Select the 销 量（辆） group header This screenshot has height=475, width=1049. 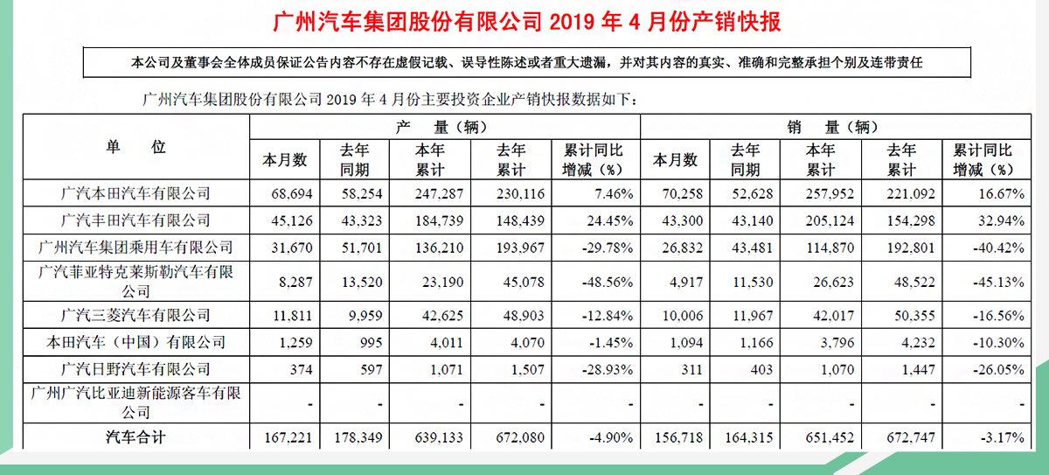click(x=834, y=126)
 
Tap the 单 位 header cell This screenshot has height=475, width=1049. click(x=135, y=147)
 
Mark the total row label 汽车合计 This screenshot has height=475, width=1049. click(x=135, y=437)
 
